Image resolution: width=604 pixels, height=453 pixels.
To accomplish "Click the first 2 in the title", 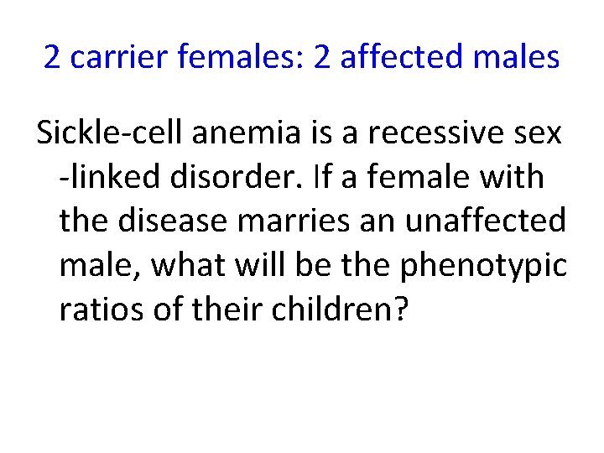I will coord(52,57).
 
